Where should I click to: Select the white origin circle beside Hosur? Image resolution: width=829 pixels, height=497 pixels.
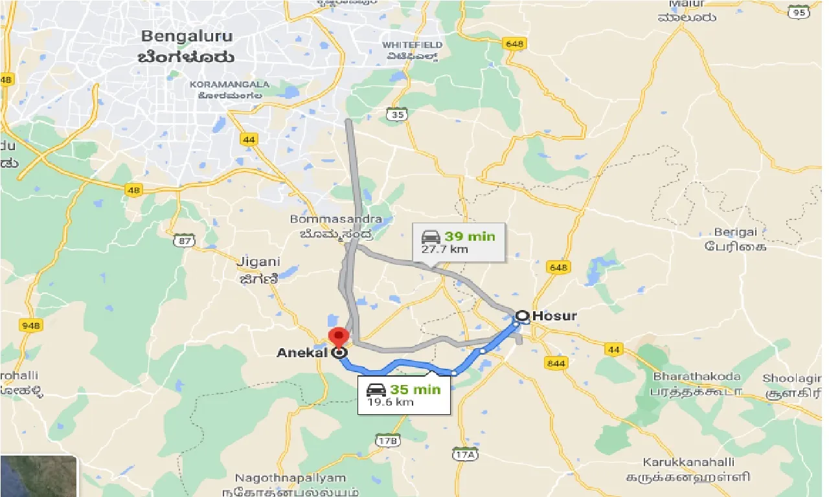point(521,316)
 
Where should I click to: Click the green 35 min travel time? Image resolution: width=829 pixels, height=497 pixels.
point(414,390)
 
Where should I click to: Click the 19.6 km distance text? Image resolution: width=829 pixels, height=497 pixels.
point(391,403)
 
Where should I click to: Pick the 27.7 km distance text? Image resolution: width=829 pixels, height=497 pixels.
point(446,249)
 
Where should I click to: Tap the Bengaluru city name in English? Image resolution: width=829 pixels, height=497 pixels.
point(188,36)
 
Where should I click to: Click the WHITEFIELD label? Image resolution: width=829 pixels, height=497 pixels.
point(413,45)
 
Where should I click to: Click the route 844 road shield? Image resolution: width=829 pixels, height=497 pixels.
point(556,363)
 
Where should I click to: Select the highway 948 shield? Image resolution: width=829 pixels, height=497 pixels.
point(30,325)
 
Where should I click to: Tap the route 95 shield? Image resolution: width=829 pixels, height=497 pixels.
point(799,12)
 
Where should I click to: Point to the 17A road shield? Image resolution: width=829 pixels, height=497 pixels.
point(466,455)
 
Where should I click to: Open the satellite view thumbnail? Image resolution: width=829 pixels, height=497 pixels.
point(39,476)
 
